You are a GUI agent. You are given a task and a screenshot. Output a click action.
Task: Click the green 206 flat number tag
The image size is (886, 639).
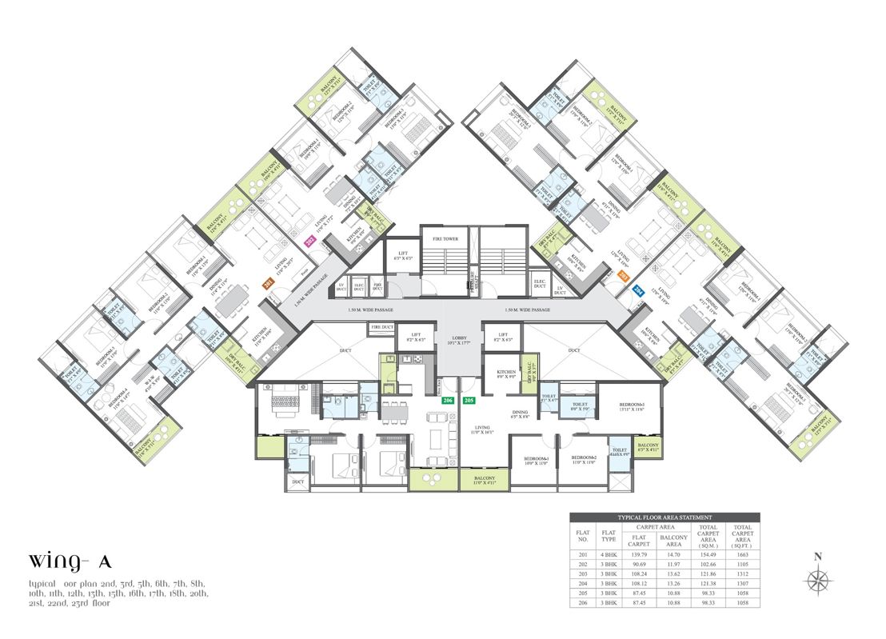click(447, 399)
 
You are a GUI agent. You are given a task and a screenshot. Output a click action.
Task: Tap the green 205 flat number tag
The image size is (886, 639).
click(469, 399)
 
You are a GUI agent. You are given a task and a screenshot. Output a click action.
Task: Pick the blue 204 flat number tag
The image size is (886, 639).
click(638, 293)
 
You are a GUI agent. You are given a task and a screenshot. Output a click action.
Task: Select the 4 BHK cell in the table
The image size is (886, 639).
click(609, 553)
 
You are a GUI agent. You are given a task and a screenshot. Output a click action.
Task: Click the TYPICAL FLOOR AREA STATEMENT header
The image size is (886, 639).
click(664, 518)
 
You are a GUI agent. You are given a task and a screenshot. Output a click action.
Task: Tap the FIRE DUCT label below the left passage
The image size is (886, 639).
click(381, 328)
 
